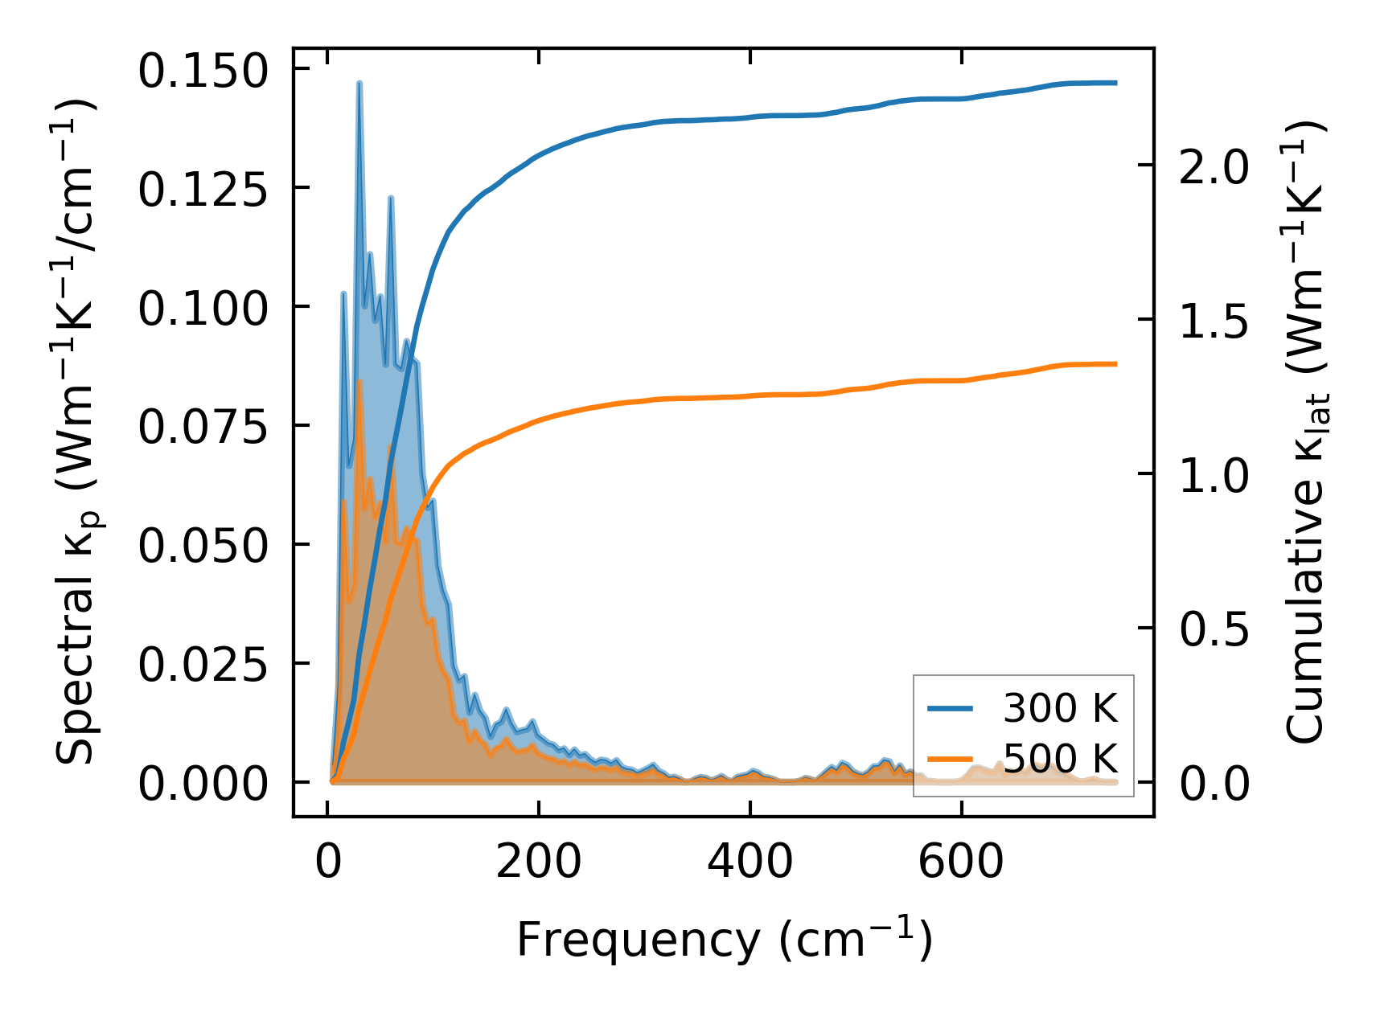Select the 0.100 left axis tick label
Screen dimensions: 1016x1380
[x=202, y=309]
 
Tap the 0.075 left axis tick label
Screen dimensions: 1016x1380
[x=202, y=427]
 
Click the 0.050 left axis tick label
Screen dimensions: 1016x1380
[x=202, y=546]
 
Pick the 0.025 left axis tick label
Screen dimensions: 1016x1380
[x=202, y=665]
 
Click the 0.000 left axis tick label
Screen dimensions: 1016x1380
[x=202, y=784]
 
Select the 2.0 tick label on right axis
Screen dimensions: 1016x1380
[x=1214, y=167]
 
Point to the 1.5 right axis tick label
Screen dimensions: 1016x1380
[x=1214, y=322]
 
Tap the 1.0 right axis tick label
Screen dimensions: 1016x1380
[x=1214, y=475]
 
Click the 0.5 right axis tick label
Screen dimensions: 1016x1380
[x=1214, y=629]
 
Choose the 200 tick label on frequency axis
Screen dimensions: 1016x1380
[x=538, y=863]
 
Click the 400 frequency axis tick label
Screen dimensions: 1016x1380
[x=750, y=863]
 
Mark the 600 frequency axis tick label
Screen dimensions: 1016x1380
[x=961, y=863]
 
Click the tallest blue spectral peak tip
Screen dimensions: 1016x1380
[x=359, y=83]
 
